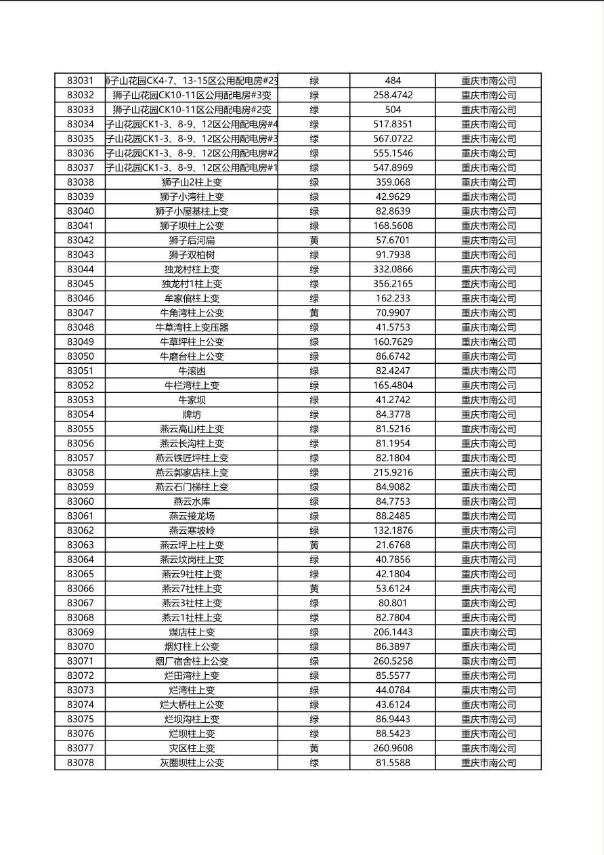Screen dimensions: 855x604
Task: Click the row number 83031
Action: pos(81,81)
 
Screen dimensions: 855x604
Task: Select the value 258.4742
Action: pos(393,95)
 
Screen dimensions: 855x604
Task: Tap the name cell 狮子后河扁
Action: pos(192,240)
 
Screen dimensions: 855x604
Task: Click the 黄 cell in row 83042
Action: pos(314,240)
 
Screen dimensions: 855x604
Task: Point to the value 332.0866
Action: pos(393,269)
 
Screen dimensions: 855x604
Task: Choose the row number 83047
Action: pos(81,312)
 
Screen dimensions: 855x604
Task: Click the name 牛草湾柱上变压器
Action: pos(192,327)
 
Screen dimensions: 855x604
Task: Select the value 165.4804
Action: pos(393,385)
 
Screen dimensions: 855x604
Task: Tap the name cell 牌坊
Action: pos(192,414)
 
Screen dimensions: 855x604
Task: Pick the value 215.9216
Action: pos(393,472)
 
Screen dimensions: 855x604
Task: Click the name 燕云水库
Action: pos(192,501)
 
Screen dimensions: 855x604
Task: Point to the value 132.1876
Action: pos(393,530)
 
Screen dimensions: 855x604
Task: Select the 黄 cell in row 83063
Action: pos(314,545)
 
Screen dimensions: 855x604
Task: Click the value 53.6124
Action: pos(393,588)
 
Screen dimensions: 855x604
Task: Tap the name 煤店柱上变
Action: pos(192,632)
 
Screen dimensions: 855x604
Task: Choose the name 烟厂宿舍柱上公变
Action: pos(192,661)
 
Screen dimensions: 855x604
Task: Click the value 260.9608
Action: pos(393,748)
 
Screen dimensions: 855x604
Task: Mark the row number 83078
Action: pos(81,762)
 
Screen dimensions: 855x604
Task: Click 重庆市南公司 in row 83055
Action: pos(488,429)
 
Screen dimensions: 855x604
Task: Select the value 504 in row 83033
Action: pos(393,109)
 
